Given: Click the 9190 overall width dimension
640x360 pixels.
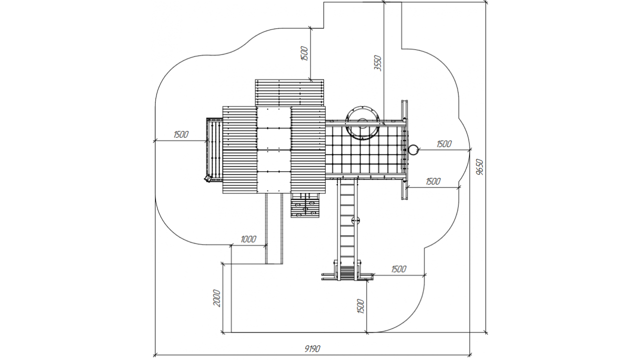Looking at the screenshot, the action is tap(312, 349).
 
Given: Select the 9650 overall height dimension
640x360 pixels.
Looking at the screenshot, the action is tap(480, 167).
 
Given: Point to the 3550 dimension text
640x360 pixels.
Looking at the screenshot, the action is tap(377, 63).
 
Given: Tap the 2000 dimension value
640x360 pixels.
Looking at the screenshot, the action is tap(217, 298).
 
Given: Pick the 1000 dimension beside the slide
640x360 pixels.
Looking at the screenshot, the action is tap(248, 239).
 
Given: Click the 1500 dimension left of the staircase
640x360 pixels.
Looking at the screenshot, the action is tap(181, 134).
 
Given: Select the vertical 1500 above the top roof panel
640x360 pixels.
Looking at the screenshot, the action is tap(304, 53).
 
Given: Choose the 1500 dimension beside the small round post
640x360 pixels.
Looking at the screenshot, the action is tap(444, 144).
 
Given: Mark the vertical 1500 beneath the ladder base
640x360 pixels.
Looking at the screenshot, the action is tap(361, 306).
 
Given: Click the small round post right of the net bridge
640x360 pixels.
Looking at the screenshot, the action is tap(413, 149).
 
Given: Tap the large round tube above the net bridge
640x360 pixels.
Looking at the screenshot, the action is tap(362, 123).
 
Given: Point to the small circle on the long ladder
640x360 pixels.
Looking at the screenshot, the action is tap(355, 220).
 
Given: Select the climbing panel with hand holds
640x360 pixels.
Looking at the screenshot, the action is tap(305, 205).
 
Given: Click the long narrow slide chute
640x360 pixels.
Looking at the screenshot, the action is tap(274, 228).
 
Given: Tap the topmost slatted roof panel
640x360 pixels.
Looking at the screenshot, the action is tap(289, 93).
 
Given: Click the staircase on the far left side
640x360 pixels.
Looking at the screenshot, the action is tap(214, 150).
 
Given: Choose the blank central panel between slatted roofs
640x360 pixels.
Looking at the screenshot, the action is tap(274, 149).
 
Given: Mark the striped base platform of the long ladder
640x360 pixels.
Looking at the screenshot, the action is tap(347, 273).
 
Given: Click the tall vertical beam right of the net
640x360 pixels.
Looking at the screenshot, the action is tap(404, 149).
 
